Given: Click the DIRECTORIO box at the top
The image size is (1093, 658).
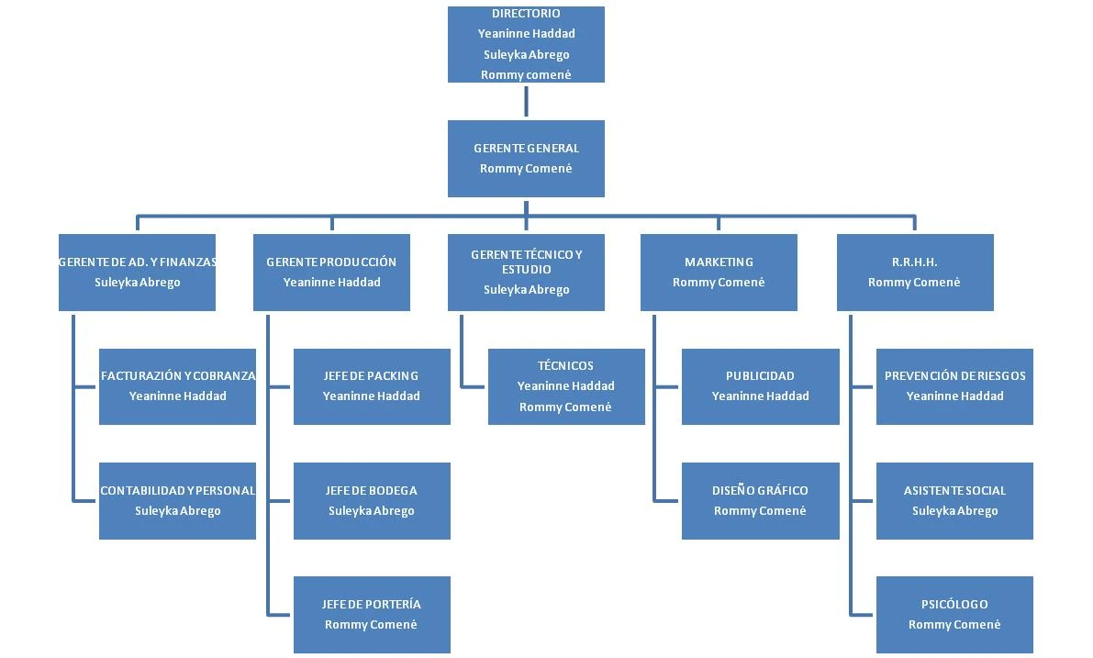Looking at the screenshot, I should click(x=526, y=44).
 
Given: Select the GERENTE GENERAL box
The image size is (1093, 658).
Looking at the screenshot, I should click(x=526, y=158).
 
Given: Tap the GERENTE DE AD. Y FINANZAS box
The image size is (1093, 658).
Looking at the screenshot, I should click(x=137, y=272).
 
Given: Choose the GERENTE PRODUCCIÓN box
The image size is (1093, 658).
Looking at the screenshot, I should click(x=331, y=272).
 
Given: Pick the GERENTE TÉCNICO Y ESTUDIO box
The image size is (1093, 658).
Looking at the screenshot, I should click(x=526, y=272).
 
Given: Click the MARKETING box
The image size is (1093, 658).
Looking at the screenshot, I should click(x=719, y=272).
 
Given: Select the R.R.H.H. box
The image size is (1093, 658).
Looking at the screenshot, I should click(x=914, y=272).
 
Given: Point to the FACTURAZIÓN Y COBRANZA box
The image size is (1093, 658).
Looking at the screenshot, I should click(x=177, y=386).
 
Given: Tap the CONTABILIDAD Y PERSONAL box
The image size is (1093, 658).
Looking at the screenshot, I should click(x=177, y=500).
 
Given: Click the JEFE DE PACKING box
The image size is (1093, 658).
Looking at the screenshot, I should click(x=372, y=386).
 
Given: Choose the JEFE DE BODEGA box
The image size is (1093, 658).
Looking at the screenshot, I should click(x=372, y=500).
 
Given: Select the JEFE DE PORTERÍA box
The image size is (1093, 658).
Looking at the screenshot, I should click(x=372, y=614).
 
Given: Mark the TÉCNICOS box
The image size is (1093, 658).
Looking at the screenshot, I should click(x=565, y=386).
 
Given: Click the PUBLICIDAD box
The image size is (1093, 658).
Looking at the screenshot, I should click(x=760, y=386).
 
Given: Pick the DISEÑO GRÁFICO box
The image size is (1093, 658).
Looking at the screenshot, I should click(x=760, y=500).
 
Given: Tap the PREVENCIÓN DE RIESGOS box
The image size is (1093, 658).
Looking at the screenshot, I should click(x=954, y=386).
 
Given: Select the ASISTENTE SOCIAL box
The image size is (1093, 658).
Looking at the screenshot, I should click(x=954, y=500).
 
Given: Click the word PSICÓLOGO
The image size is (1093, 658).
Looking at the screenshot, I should click(x=954, y=605).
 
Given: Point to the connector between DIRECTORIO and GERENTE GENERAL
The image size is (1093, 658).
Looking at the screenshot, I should click(x=526, y=101).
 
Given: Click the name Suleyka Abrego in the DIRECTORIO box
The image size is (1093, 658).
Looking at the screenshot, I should click(x=526, y=55).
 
